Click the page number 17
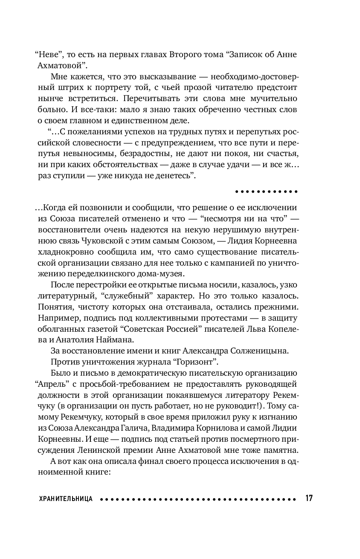309,498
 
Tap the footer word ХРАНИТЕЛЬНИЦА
65,498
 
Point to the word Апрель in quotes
48,384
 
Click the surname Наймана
128,340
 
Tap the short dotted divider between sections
266,191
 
